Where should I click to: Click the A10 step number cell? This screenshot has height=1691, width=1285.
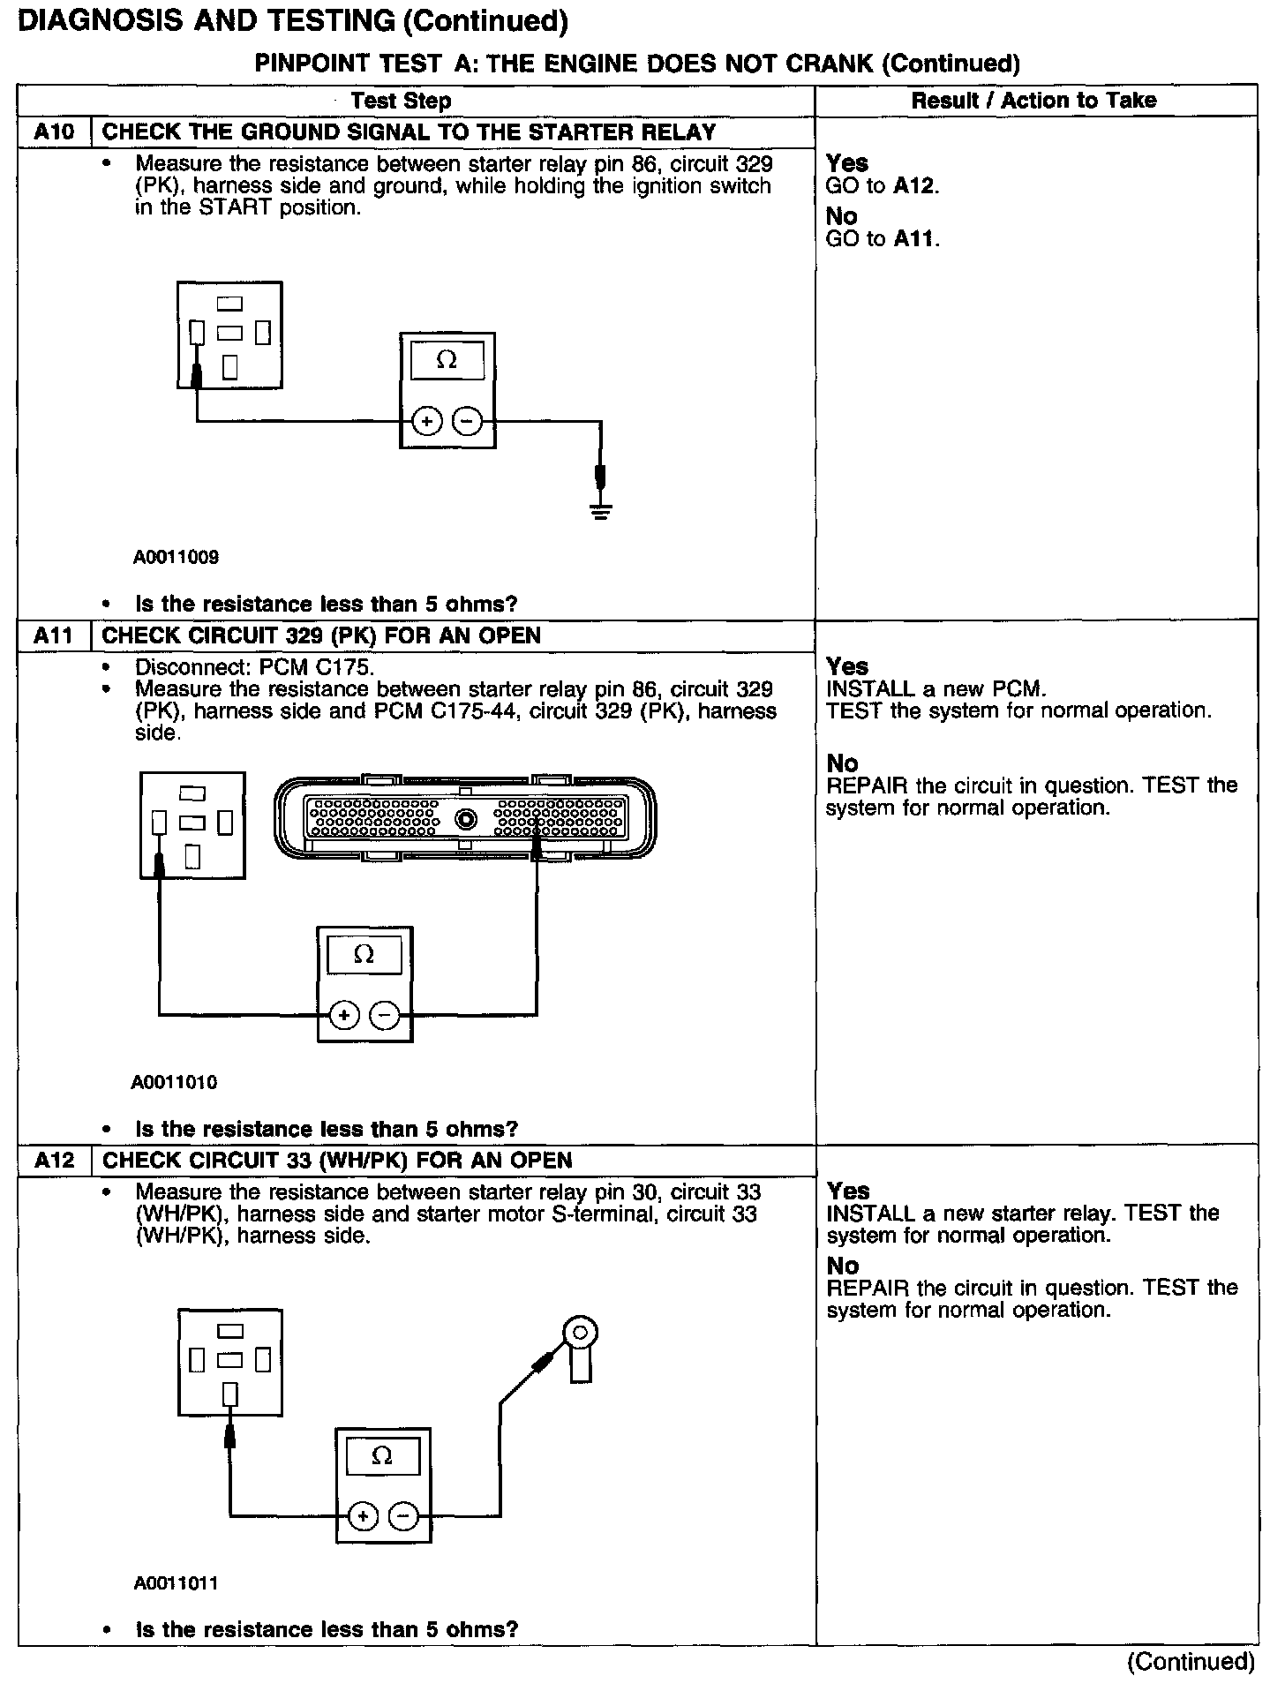(x=54, y=132)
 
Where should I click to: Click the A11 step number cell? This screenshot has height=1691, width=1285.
(x=54, y=635)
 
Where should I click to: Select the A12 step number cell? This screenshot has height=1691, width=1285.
(x=54, y=1160)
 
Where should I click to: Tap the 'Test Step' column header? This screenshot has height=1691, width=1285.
(x=401, y=101)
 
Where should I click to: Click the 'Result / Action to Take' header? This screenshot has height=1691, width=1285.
(x=1033, y=101)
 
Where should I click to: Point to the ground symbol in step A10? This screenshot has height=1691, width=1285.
(x=601, y=510)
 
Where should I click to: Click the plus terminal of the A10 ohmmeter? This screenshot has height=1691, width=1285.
(x=427, y=422)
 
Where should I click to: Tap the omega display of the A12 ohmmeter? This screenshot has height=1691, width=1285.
(x=383, y=1456)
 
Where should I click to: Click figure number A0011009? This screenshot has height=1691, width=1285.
(x=177, y=557)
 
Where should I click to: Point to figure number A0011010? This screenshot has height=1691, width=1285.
(x=175, y=1082)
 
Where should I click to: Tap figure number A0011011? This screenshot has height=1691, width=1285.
(x=177, y=1583)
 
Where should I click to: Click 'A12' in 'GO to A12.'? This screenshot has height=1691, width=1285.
(x=913, y=186)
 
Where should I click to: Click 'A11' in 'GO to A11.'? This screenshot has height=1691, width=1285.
(x=913, y=238)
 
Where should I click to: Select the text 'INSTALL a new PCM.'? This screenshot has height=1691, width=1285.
(x=936, y=689)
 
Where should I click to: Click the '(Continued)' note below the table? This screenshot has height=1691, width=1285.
(x=1191, y=1662)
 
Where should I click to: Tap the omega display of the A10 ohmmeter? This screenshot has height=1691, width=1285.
(x=447, y=361)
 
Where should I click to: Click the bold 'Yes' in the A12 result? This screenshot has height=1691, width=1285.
(x=848, y=1191)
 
